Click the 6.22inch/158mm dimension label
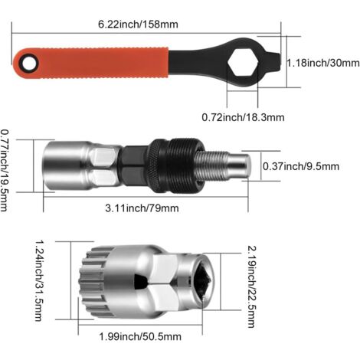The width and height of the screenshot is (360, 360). coord(138,25)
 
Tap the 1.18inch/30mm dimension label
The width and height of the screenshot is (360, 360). coord(323,63)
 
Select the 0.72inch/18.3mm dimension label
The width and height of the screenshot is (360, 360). coord(243,117)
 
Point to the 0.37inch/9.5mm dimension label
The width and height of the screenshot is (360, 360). coord(301,166)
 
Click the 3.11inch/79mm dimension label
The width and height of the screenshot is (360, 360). coord(142,208)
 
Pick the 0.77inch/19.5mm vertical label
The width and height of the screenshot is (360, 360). coord(5,171)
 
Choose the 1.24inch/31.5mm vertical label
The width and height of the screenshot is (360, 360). coord(39,280)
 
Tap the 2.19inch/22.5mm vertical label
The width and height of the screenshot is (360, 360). coord(252,286)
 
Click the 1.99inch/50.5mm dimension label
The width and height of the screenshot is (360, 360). coord(140,336)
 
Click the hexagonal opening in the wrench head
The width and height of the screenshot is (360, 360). coord(243,63)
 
